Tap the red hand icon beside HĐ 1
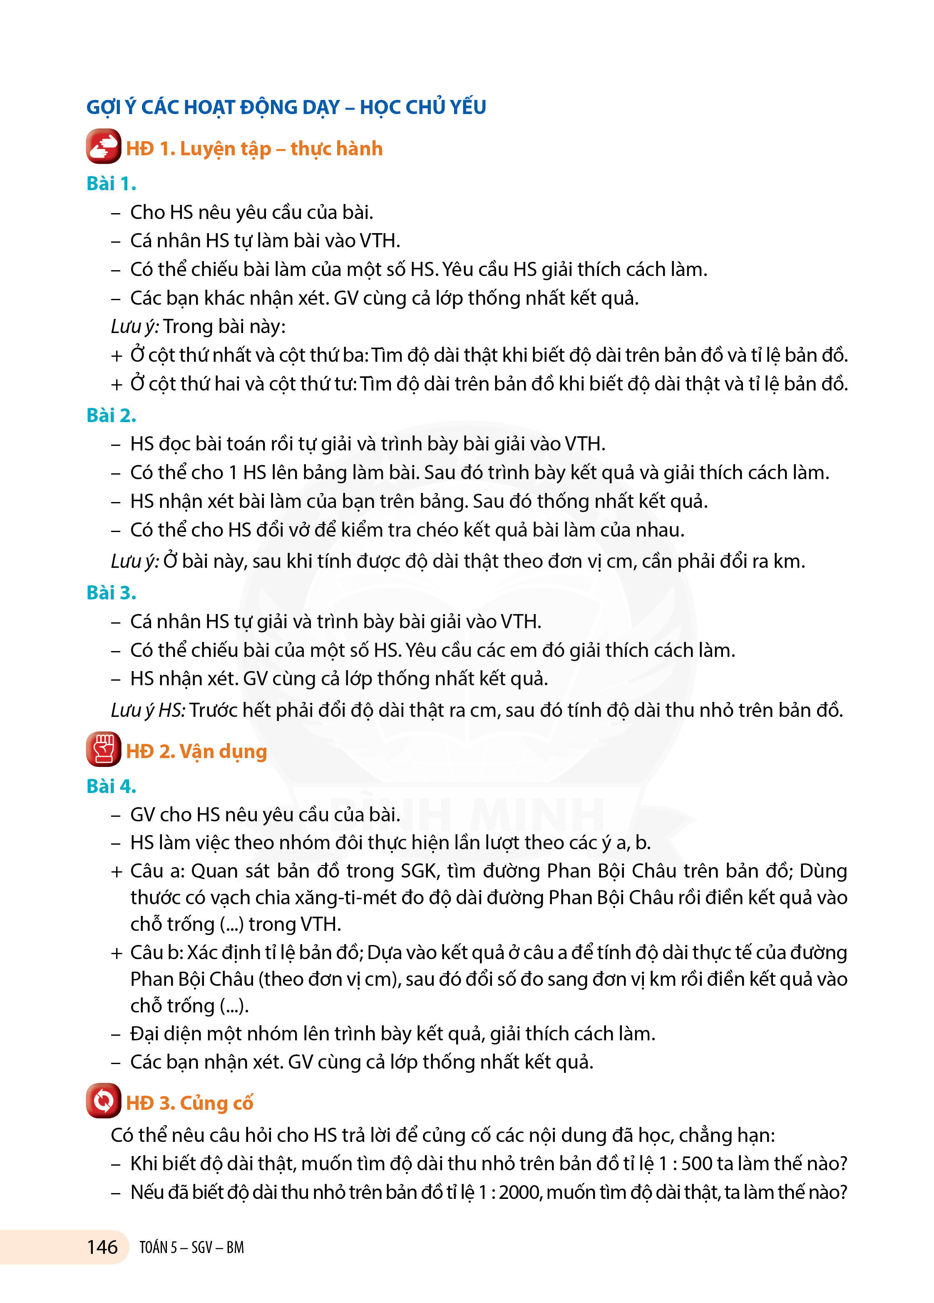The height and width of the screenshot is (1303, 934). coord(103,147)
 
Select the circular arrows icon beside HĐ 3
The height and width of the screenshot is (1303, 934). coord(103,1100)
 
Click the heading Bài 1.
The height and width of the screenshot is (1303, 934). coord(111,184)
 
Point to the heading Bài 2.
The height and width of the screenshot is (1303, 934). coord(111,415)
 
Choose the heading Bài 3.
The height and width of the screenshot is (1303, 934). coord(111,592)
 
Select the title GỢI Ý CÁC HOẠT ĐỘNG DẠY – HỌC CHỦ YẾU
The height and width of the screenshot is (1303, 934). coord(286,107)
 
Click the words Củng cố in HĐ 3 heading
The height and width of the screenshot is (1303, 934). coord(216,1103)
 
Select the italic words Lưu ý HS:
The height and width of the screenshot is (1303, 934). coord(148,711)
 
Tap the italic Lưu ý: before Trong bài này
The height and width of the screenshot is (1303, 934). coord(135,326)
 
